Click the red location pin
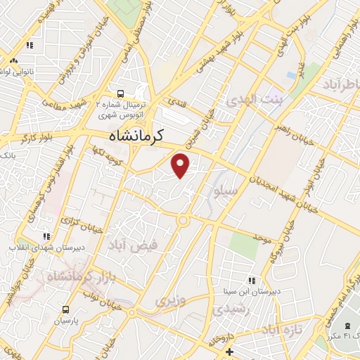pos(181,166)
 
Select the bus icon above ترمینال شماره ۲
pos(122,92)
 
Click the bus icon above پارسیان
pos(65,309)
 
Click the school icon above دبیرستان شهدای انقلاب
pos(46,236)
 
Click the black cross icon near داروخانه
pos(229,351)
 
